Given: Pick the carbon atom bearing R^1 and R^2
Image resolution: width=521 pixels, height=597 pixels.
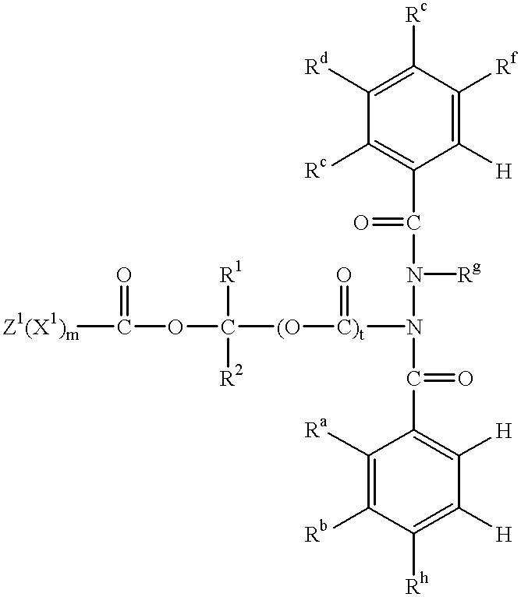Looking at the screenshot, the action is [227, 327].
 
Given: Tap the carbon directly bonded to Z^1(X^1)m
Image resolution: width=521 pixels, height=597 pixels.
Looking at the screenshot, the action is [123, 327].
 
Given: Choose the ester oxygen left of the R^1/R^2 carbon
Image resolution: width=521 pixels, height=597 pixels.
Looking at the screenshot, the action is [175, 327].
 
